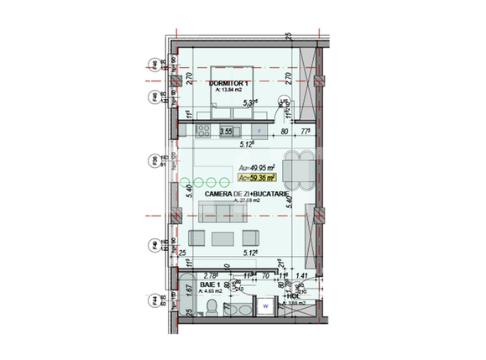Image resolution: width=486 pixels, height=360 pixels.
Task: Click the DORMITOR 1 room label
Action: (x=229, y=84)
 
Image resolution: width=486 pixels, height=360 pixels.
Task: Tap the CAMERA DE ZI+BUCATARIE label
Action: (x=247, y=194)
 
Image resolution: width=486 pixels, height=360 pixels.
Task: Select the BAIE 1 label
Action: (x=211, y=285)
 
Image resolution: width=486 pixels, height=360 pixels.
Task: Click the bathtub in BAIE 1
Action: (x=186, y=296)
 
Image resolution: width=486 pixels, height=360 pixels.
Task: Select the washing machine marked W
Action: (x=265, y=307)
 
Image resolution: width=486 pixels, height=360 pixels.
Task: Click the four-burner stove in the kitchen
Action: (x=202, y=131)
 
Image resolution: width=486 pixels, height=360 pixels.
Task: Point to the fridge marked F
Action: (x=260, y=132)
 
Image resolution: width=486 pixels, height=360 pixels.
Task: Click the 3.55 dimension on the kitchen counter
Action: (x=225, y=132)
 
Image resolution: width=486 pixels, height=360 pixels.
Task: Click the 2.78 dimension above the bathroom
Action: (x=211, y=274)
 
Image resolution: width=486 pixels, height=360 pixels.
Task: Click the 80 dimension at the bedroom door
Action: (x=285, y=132)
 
